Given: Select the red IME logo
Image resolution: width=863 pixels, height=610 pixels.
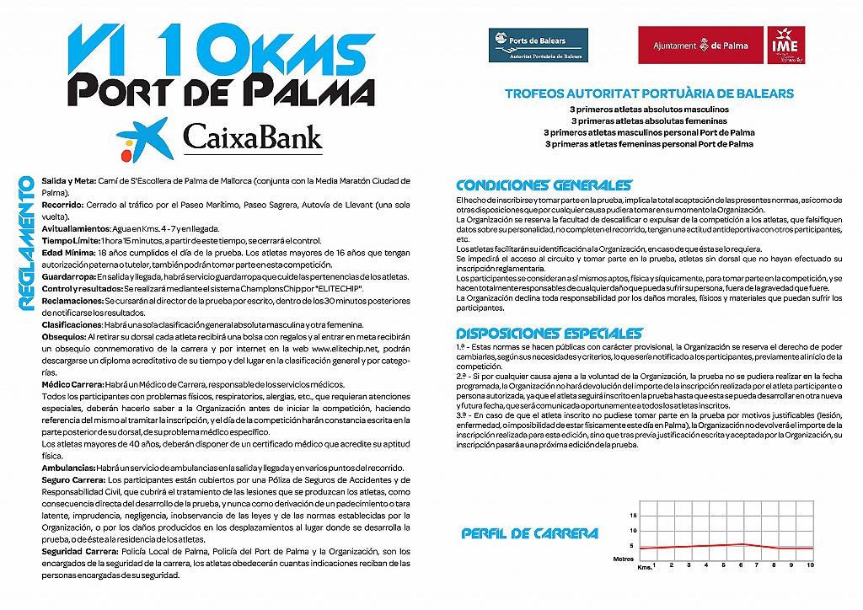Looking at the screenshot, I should click(x=785, y=45).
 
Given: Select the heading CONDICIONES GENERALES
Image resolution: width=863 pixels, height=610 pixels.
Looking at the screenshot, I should click(x=544, y=185).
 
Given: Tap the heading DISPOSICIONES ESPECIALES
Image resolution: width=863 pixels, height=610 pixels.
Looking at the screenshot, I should click(x=549, y=334).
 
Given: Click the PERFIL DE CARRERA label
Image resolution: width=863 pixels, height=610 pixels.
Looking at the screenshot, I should click(x=530, y=533).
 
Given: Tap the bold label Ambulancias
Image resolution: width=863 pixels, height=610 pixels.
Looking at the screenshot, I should click(x=68, y=468).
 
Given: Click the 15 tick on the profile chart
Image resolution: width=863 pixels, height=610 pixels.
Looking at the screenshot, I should click(x=634, y=514).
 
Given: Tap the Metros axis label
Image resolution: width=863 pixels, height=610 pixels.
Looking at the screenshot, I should click(x=624, y=558).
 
